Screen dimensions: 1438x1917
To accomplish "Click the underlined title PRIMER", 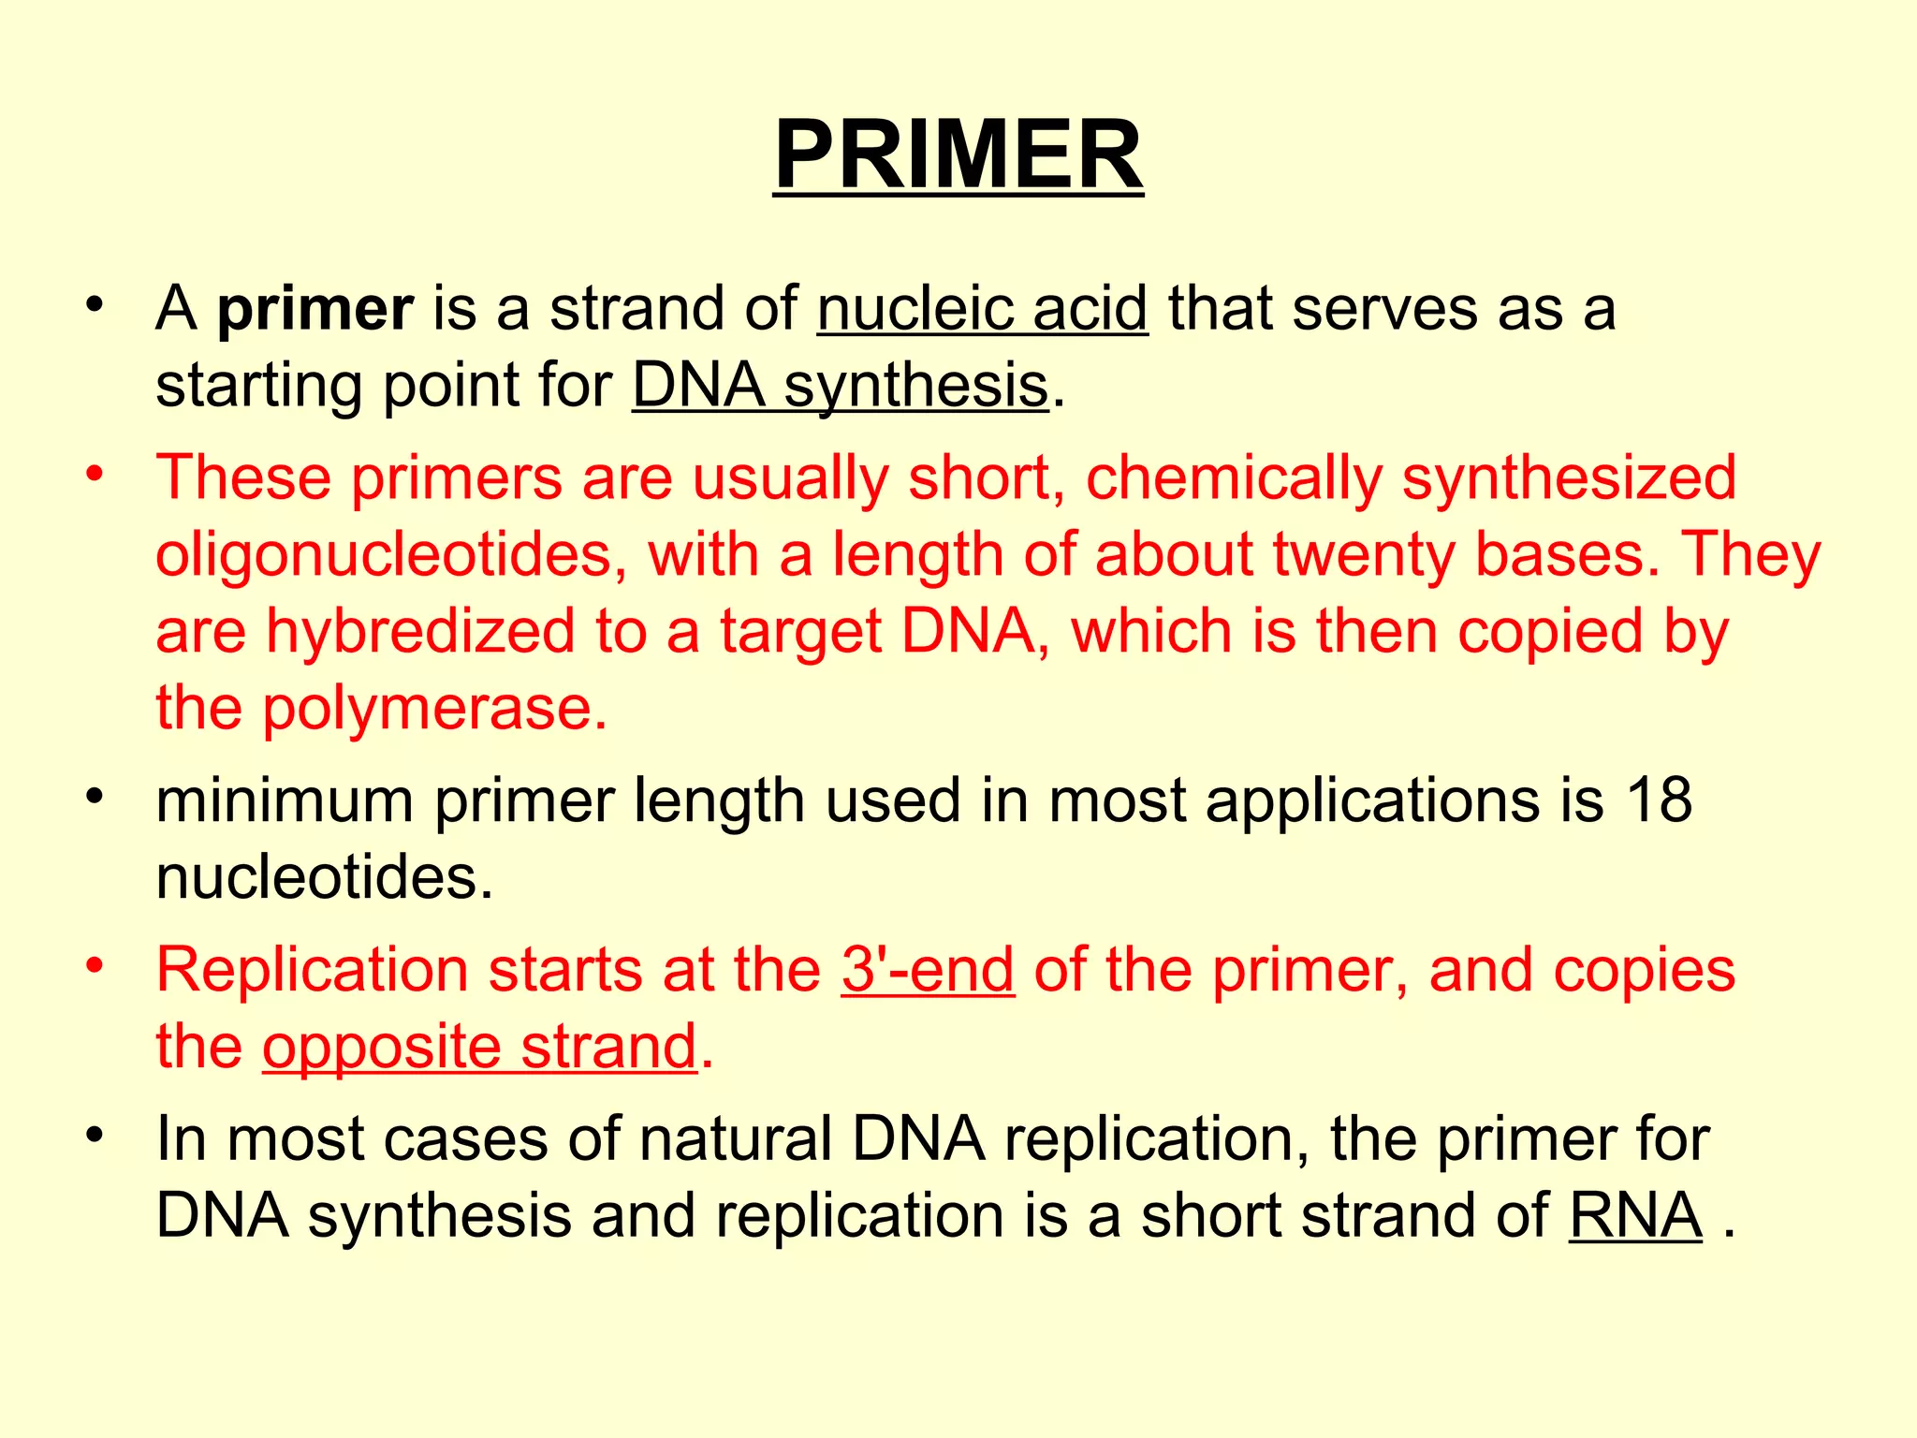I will coord(958,154).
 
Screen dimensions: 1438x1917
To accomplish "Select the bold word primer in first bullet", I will coord(315,309).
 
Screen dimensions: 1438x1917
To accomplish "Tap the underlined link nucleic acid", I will coord(982,309).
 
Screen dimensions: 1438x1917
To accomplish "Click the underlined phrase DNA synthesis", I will coord(840,386).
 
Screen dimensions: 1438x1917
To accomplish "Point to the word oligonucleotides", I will coord(389,554).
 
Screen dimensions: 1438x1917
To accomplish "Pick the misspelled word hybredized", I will coord(420,631).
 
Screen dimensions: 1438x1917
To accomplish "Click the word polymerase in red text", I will coord(434,708).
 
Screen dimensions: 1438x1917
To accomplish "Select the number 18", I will coord(1659,801).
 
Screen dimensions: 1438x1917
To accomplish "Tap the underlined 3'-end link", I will coord(928,970).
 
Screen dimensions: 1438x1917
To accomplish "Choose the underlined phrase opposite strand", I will coord(479,1047).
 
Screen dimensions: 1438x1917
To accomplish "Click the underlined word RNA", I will coord(1635,1216).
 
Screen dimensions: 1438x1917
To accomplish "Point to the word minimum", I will coord(285,801).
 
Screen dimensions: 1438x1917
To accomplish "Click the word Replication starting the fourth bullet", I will coord(312,970).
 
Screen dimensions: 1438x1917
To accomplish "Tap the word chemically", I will coord(1233,478).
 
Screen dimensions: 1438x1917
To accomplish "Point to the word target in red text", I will coord(799,633).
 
